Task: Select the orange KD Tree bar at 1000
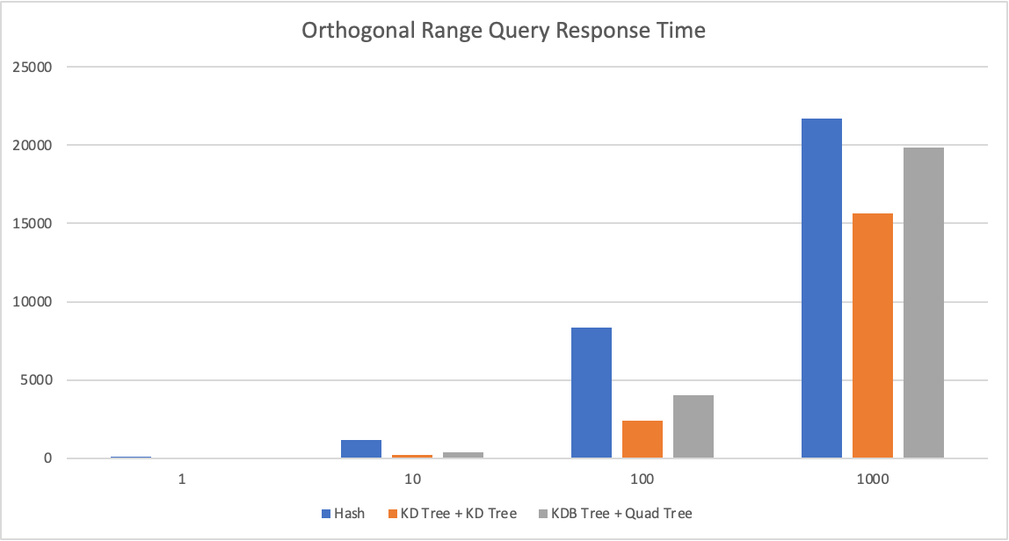872,335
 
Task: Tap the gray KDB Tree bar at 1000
923,303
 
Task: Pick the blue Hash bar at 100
591,393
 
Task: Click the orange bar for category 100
642,439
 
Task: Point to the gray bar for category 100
693,427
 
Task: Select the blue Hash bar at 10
360,449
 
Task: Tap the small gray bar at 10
462,455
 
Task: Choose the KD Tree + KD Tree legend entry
458,513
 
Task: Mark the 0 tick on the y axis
49,458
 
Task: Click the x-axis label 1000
872,480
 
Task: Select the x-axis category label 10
411,480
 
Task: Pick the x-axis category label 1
181,480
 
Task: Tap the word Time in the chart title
685,31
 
